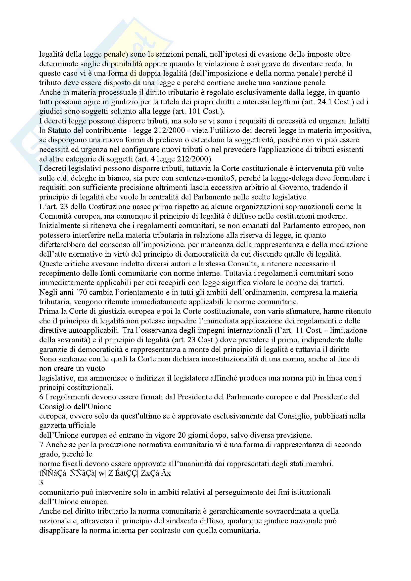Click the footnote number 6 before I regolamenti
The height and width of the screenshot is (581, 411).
[x=41, y=397]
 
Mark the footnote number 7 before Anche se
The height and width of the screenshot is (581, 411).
[x=41, y=445]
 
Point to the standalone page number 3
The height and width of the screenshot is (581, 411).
[x=41, y=483]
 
